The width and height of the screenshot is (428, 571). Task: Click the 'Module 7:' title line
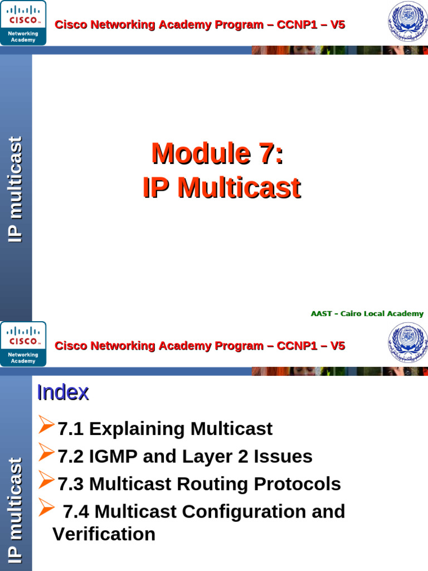click(217, 154)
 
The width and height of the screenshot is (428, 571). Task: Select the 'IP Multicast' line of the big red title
click(221, 188)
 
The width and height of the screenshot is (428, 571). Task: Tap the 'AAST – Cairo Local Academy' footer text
click(367, 314)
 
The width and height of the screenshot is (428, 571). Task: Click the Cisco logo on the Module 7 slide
click(23, 23)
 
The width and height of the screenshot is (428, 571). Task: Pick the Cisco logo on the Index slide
click(23, 343)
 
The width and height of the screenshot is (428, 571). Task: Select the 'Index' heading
click(63, 393)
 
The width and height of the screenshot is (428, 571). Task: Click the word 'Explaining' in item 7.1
click(137, 429)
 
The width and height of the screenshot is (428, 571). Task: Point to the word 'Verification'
click(104, 534)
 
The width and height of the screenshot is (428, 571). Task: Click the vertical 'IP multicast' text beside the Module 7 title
click(16, 190)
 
